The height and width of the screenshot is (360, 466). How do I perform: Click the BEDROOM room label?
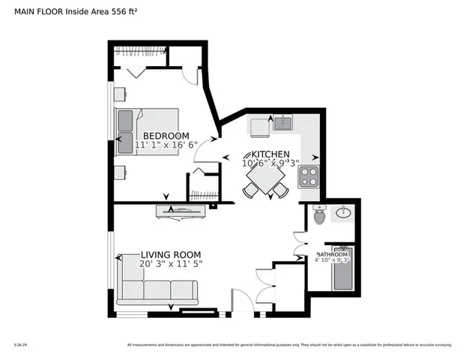pyautogui.click(x=166, y=136)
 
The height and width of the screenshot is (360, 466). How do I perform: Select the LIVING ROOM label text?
pyautogui.click(x=171, y=254)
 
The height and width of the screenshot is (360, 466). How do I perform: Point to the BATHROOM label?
pyautogui.click(x=332, y=255)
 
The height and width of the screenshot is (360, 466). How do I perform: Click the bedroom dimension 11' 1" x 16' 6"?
pyautogui.click(x=166, y=146)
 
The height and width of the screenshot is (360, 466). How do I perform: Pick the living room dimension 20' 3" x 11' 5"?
pyautogui.click(x=171, y=264)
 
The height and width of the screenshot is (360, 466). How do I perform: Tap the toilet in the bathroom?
pyautogui.click(x=319, y=216)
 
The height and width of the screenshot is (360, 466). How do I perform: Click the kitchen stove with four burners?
pyautogui.click(x=309, y=177)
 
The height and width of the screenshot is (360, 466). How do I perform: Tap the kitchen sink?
pyautogui.click(x=282, y=123)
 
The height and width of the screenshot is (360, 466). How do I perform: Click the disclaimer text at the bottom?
pyautogui.click(x=289, y=345)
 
